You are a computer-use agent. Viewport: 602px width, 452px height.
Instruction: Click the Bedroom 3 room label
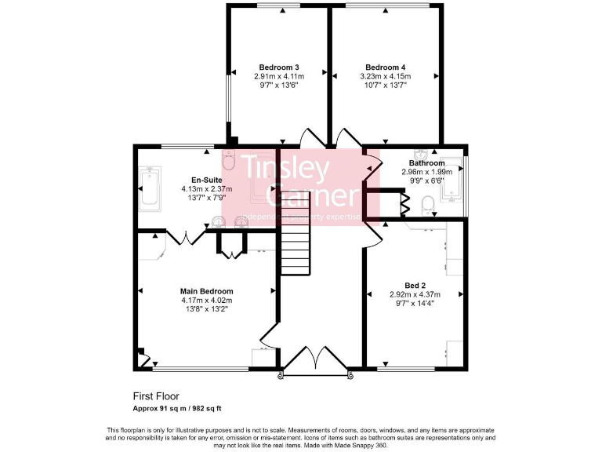click(278, 67)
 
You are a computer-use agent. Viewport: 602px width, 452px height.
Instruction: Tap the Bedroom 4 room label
click(385, 67)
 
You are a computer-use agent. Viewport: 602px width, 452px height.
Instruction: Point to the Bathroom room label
click(426, 163)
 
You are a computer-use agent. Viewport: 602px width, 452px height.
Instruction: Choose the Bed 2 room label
click(415, 285)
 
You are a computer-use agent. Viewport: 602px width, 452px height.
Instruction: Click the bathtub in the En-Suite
click(149, 188)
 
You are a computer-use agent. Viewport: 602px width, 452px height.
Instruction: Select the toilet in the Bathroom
click(427, 206)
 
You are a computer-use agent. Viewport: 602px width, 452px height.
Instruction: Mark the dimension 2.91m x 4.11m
click(278, 76)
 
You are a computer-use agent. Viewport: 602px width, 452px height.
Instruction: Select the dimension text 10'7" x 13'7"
click(385, 86)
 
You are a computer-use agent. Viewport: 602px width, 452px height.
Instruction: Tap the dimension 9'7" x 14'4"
click(415, 303)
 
